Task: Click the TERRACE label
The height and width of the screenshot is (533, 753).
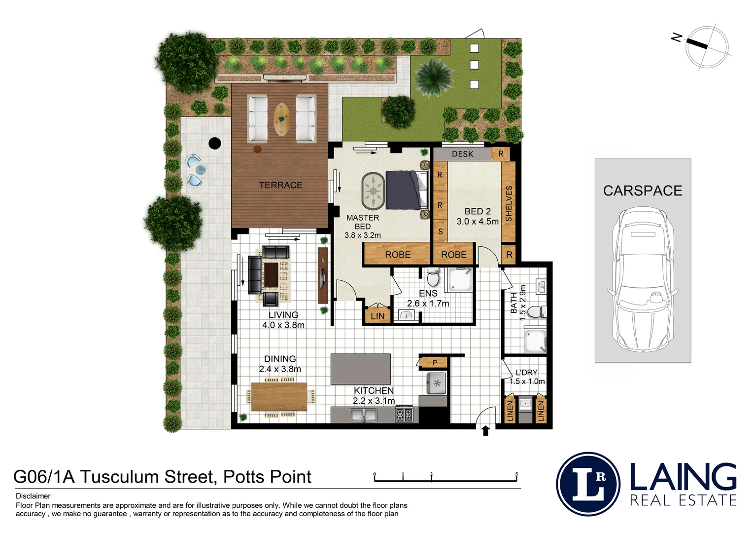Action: tap(280, 185)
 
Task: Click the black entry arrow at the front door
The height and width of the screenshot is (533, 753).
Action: tap(485, 431)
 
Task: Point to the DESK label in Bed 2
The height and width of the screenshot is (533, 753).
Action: tap(462, 154)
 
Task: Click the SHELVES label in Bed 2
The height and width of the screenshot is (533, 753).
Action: tap(509, 203)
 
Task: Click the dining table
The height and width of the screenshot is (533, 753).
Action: tap(279, 397)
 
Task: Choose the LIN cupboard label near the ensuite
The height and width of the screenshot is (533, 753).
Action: tap(377, 316)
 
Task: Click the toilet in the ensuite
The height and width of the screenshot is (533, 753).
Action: tap(433, 278)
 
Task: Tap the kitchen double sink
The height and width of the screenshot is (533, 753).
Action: tap(364, 416)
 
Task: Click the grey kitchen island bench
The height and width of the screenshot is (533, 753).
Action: tap(360, 369)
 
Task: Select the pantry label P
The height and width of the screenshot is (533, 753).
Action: tap(434, 363)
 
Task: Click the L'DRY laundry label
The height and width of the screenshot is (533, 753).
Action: tap(526, 373)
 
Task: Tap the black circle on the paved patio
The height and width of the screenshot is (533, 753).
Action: tap(214, 143)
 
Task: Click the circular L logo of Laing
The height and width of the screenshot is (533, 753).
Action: tap(588, 484)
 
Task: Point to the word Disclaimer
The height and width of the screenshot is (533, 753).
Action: tap(33, 496)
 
